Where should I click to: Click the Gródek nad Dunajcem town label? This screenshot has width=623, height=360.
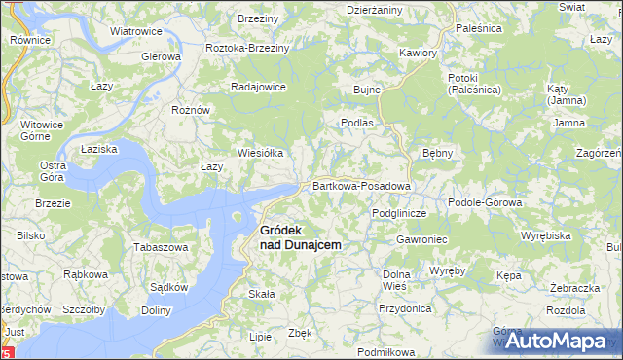(300, 237)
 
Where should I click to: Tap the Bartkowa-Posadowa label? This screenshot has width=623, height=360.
(360, 186)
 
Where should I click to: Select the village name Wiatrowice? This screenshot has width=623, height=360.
(135, 31)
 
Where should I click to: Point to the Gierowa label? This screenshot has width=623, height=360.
(162, 56)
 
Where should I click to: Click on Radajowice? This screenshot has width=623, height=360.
(257, 86)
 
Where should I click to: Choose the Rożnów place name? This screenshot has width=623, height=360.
(191, 110)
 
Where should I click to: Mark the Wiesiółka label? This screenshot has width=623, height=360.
(261, 153)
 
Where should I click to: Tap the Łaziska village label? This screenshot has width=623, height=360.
(99, 149)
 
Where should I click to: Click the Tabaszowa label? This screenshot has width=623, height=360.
(161, 247)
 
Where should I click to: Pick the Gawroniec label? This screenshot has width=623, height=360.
(421, 238)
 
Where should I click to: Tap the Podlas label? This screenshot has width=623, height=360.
(356, 124)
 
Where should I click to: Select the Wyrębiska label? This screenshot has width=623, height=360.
(545, 235)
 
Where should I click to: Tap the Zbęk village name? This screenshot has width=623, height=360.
(300, 333)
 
